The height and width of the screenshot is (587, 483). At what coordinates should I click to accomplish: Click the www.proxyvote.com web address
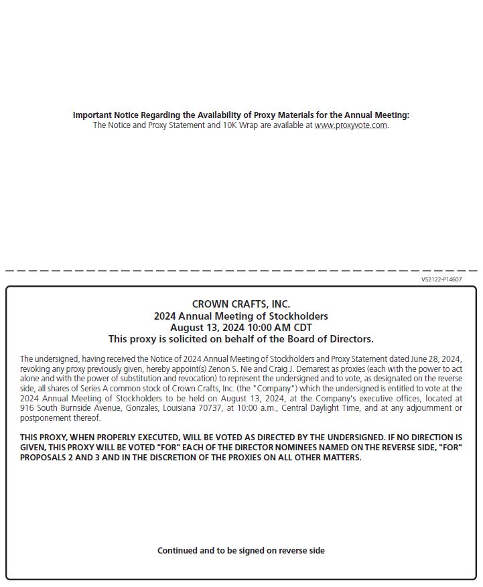[350, 125]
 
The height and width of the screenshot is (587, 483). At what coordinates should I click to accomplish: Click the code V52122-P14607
[441, 279]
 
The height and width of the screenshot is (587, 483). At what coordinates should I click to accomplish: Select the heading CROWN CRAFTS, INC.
[241, 304]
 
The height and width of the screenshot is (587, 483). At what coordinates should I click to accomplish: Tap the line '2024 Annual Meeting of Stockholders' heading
[241, 316]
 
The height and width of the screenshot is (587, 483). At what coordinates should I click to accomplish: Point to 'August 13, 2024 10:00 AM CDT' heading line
[241, 328]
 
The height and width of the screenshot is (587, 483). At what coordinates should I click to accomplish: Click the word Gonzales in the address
[145, 408]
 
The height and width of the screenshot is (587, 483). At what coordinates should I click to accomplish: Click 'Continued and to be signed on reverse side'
[241, 551]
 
